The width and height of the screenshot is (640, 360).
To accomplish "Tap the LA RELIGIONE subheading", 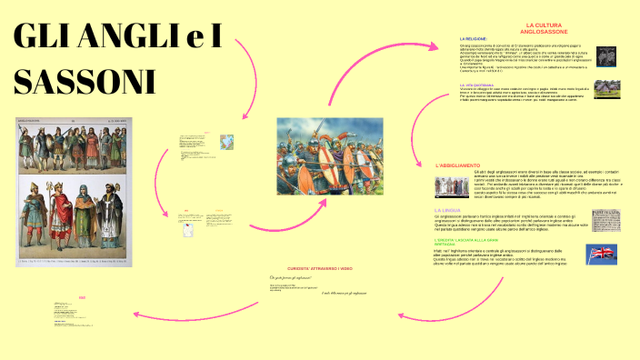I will [x=474, y=38].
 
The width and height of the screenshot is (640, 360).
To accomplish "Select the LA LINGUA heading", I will [x=446, y=210].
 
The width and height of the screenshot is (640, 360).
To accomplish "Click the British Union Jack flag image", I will [x=601, y=254].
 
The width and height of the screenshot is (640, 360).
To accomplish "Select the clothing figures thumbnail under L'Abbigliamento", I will [x=452, y=187].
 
